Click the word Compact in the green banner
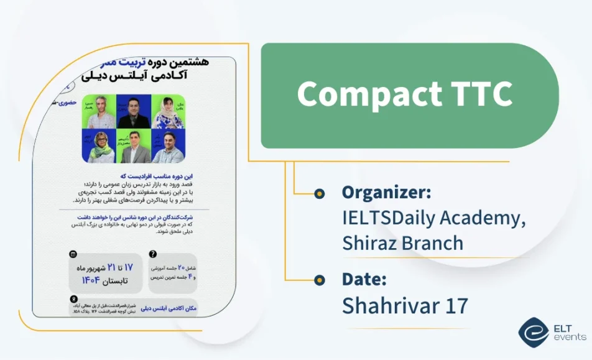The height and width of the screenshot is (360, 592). coord(352,95)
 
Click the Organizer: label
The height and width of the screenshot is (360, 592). coord(386,192)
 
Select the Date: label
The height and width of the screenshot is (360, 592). coord(364,279)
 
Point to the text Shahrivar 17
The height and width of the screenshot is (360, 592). coord(405,305)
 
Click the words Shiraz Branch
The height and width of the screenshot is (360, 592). coord(403,242)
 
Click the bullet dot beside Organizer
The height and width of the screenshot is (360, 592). coord(320,194)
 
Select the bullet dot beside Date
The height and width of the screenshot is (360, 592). coord(320,280)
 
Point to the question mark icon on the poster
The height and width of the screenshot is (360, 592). coord(153,254)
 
